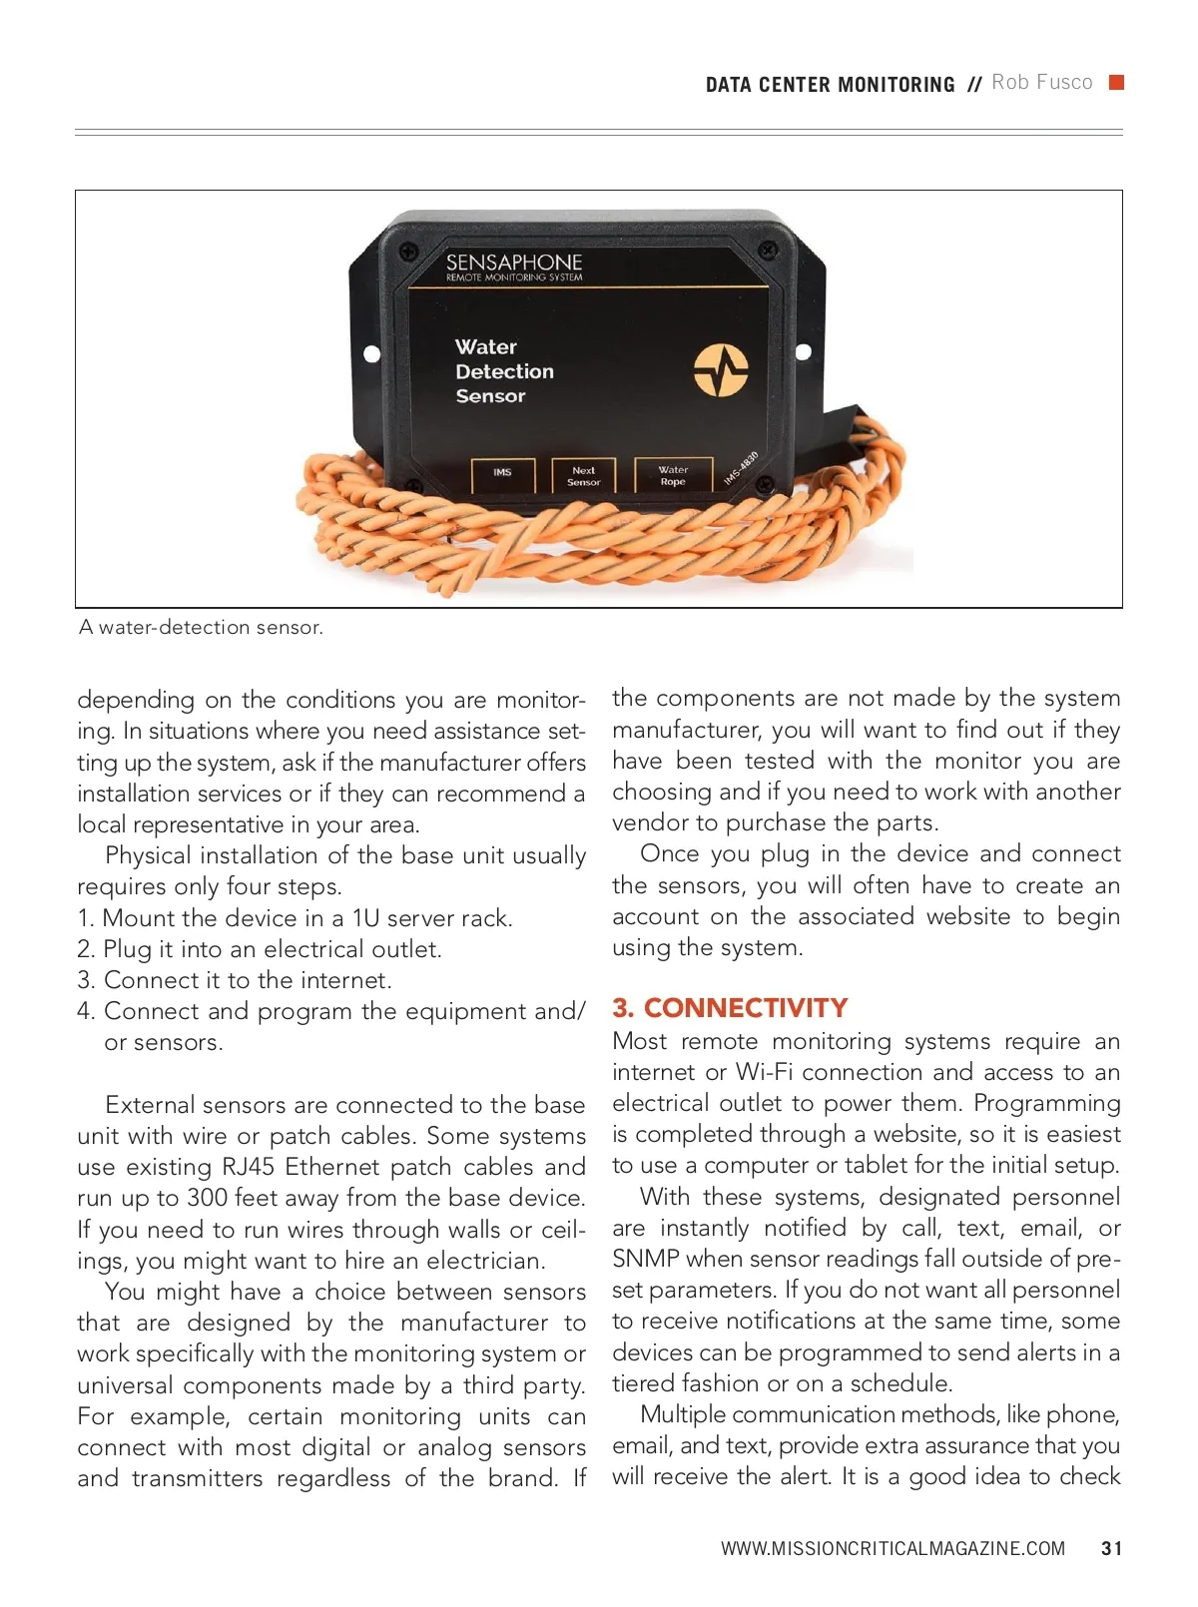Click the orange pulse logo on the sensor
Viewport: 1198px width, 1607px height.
pyautogui.click(x=721, y=369)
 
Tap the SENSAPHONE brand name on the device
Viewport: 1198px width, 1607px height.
pyautogui.click(x=513, y=262)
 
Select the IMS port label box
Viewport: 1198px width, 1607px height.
pyautogui.click(x=503, y=474)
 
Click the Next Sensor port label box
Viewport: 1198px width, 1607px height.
pyautogui.click(x=584, y=475)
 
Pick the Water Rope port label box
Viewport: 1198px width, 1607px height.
pyautogui.click(x=673, y=474)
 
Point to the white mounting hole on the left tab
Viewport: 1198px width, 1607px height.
pyautogui.click(x=371, y=353)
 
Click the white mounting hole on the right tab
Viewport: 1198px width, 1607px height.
pyautogui.click(x=803, y=351)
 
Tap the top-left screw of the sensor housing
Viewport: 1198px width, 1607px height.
pyautogui.click(x=407, y=251)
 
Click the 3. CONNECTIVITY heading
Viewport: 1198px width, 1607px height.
pyautogui.click(x=730, y=1007)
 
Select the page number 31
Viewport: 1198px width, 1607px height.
pyautogui.click(x=1111, y=1548)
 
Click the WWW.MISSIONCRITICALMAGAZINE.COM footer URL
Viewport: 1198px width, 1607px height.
pyautogui.click(x=893, y=1548)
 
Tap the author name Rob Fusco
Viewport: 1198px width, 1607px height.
pyautogui.click(x=1041, y=83)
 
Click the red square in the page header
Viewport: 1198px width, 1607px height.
pyautogui.click(x=1117, y=82)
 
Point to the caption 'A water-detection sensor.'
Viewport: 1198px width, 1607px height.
pyautogui.click(x=201, y=628)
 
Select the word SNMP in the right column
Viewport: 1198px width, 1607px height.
pyautogui.click(x=645, y=1259)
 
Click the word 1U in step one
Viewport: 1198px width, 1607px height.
pyautogui.click(x=365, y=918)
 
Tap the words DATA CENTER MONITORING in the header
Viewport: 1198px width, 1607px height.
pyautogui.click(x=830, y=85)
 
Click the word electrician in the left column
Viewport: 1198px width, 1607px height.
pyautogui.click(x=484, y=1261)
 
